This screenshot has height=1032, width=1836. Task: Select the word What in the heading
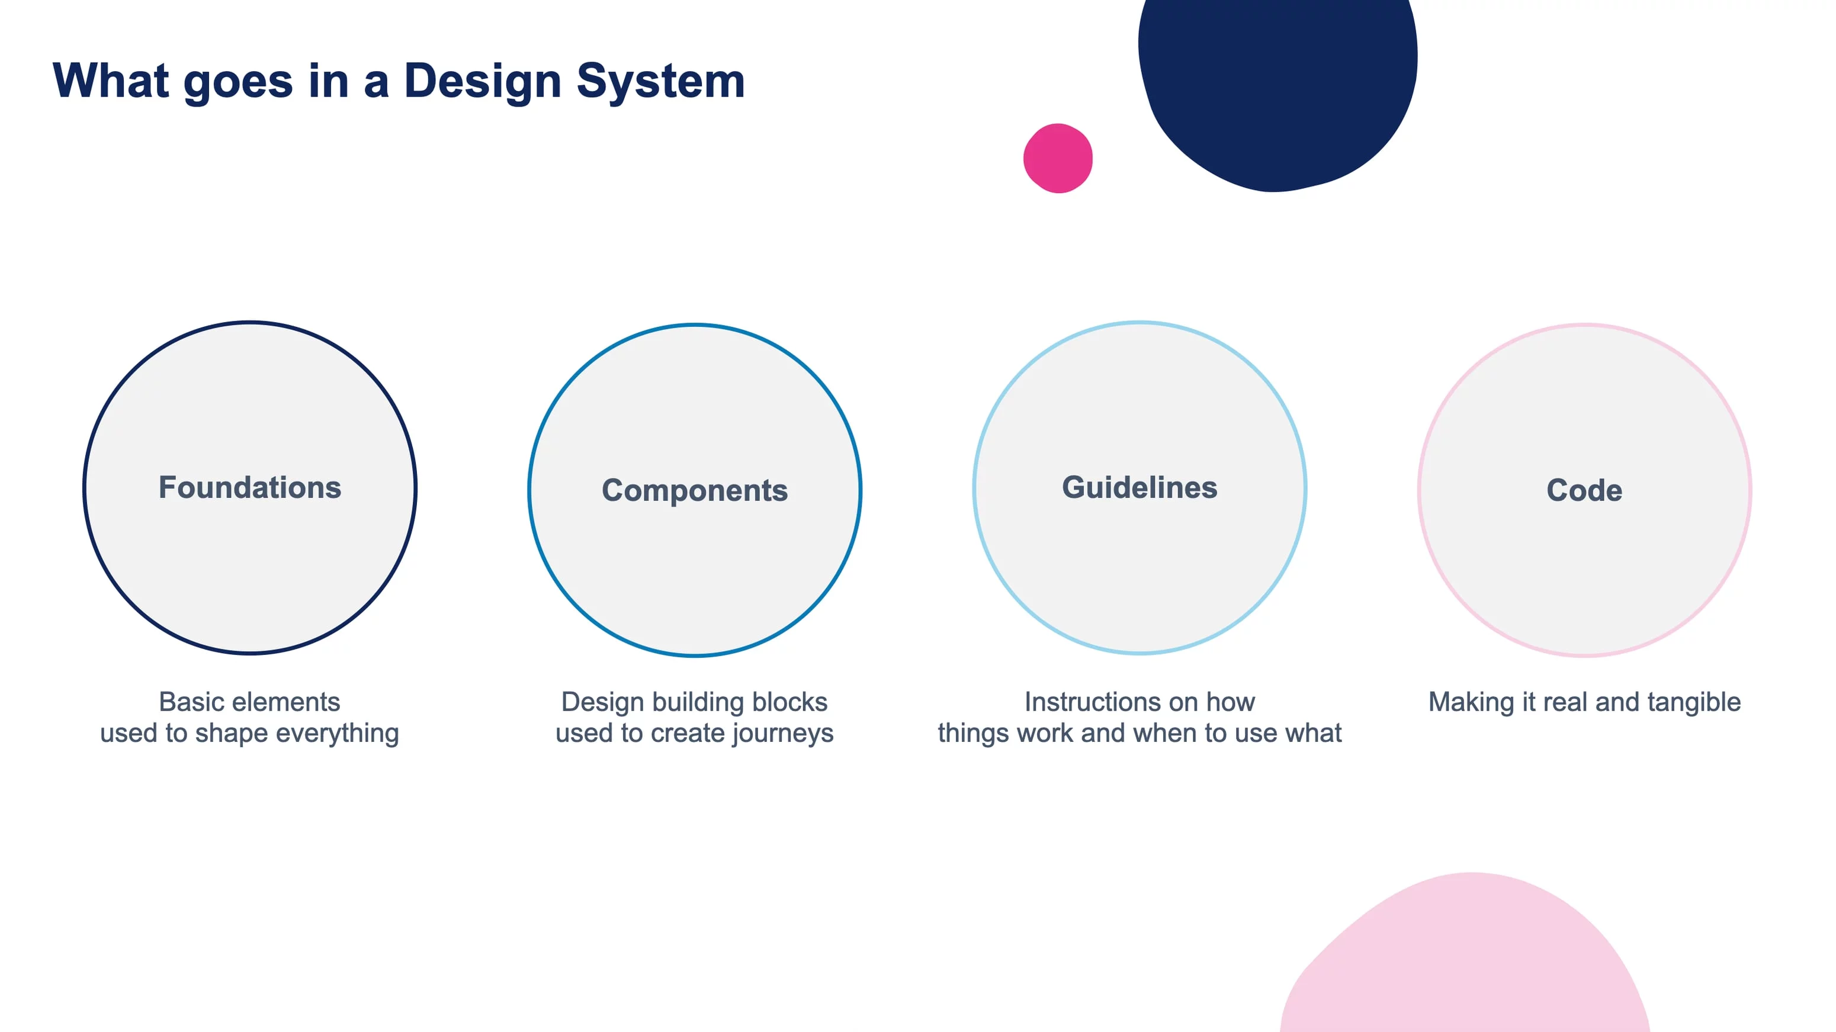[x=111, y=80]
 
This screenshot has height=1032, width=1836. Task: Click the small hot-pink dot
[x=1058, y=158]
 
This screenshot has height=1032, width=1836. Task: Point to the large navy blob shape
[x=1278, y=85]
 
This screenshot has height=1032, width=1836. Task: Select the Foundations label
[x=249, y=487]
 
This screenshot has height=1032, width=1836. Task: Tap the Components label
[x=695, y=491]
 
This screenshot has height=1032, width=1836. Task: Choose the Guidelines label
[x=1140, y=487]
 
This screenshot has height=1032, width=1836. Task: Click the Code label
[x=1584, y=490]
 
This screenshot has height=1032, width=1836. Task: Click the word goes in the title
[x=238, y=83]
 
